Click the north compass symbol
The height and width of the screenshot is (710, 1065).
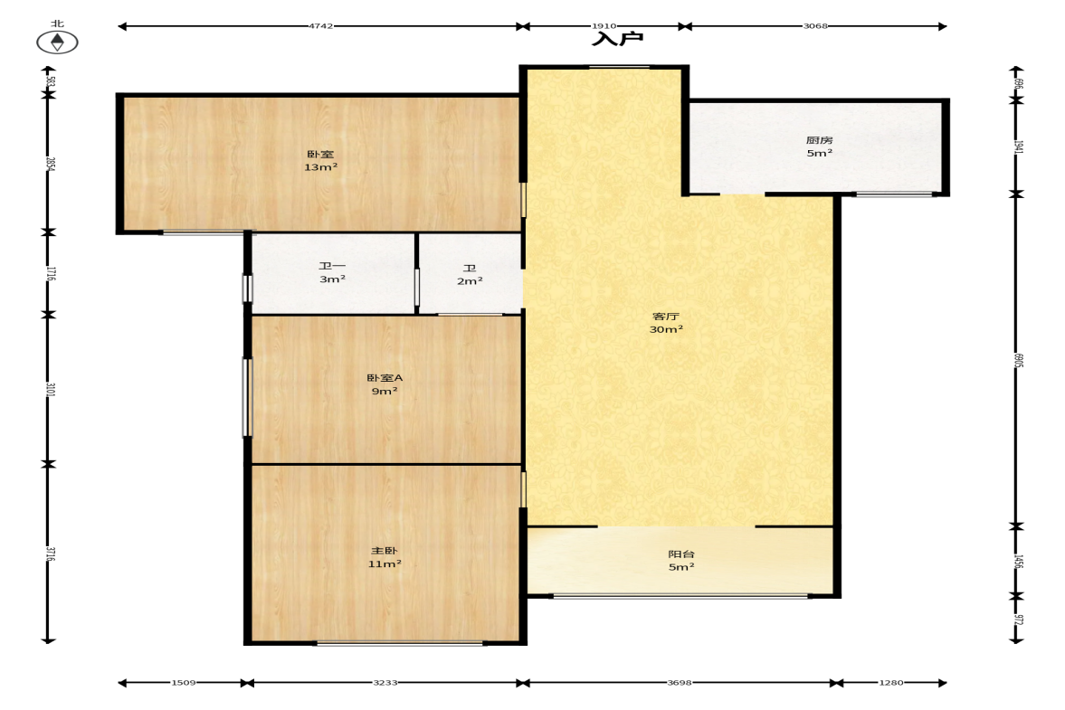click(57, 43)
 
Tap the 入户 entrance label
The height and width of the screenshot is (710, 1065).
click(617, 38)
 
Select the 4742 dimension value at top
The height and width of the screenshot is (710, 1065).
click(320, 26)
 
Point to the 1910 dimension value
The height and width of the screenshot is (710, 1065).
click(604, 26)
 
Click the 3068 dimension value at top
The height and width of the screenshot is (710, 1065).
click(815, 26)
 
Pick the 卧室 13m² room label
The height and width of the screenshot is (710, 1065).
click(320, 160)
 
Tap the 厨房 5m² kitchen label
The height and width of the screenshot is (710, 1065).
click(820, 147)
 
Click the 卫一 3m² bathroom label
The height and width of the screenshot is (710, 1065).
click(332, 273)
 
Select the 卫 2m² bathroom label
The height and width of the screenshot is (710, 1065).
click(470, 274)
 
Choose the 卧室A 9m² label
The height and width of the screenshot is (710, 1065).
click(385, 384)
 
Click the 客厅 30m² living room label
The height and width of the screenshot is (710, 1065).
click(666, 322)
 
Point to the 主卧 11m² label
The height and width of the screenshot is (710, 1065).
click(385, 557)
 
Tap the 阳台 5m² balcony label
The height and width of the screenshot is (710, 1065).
click(681, 561)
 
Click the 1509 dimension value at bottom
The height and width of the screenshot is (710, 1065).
click(184, 682)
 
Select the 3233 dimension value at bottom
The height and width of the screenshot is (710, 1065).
click(385, 682)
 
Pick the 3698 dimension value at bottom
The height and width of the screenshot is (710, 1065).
click(680, 682)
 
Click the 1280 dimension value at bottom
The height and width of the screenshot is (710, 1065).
click(891, 682)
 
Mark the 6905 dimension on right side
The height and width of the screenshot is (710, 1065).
click(1017, 360)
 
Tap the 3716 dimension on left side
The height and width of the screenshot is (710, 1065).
click(49, 554)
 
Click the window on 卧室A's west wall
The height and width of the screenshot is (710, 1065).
click(247, 398)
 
